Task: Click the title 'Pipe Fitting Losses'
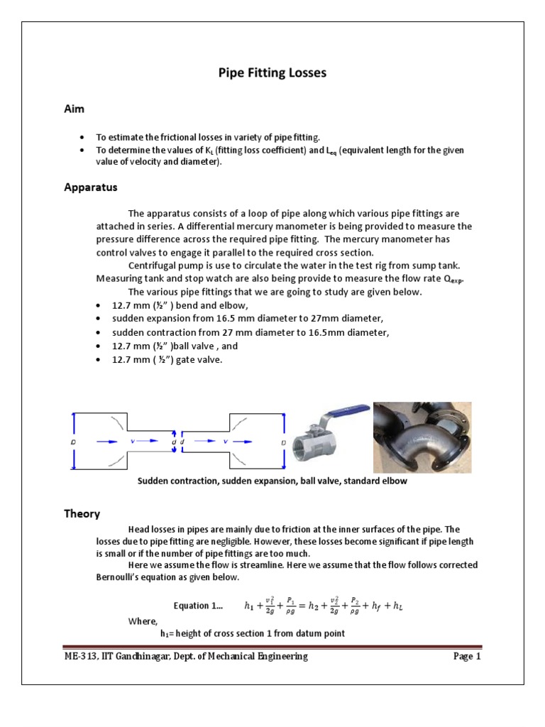pos(272,72)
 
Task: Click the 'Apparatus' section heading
pos(90,188)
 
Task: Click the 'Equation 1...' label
pos(198,606)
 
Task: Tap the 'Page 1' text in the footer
pos(467,657)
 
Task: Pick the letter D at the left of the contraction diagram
pos(75,442)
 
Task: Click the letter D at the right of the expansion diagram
pos(283,442)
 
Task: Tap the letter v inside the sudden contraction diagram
pos(133,441)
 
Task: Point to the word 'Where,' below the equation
pos(143,621)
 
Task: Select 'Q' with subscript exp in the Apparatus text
pos(448,278)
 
